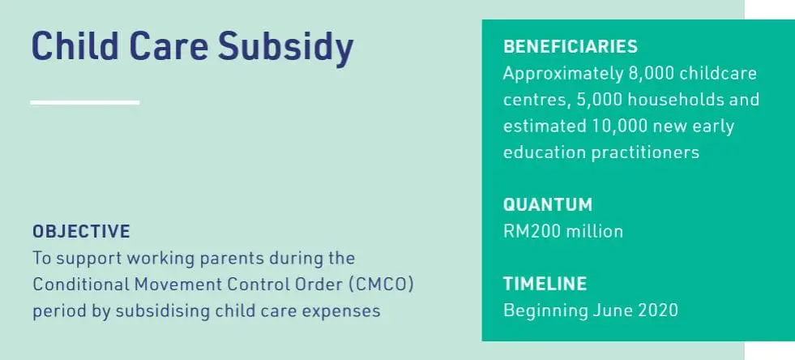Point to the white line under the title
coord(84,102)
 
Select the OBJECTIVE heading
coord(81,231)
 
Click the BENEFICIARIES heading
coord(571,47)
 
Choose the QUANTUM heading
coord(548,204)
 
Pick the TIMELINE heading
coord(545,284)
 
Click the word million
coord(595,231)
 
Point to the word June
coord(596,311)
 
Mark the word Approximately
coord(560,74)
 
